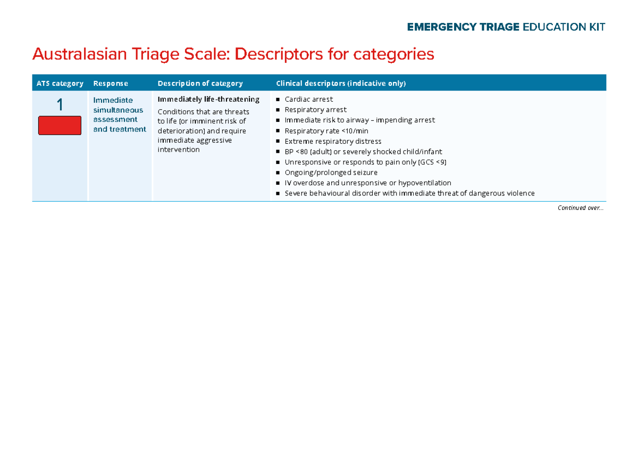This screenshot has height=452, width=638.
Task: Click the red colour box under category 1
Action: tap(60, 126)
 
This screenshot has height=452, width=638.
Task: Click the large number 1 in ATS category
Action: tap(60, 105)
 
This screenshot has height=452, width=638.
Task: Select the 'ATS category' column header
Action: tap(60, 83)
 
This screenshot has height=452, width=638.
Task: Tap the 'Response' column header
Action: tap(110, 83)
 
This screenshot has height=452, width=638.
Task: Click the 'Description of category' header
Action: tap(200, 83)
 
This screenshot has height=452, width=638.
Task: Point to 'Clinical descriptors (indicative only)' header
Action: tap(341, 83)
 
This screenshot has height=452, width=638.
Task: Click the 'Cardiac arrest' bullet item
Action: tap(308, 99)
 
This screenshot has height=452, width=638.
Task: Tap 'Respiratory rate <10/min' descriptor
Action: tap(326, 131)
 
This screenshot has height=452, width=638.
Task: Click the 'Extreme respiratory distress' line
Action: tap(333, 141)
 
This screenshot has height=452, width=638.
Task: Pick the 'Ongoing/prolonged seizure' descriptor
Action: tap(331, 172)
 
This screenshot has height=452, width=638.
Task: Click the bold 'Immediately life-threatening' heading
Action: tap(208, 99)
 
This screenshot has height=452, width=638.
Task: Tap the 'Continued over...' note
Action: tap(580, 208)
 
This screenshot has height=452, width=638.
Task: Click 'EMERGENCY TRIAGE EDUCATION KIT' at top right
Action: tap(506, 27)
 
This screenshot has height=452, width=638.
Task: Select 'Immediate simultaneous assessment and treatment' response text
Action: tap(119, 114)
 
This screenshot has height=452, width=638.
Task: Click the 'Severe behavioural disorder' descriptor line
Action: tap(409, 193)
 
